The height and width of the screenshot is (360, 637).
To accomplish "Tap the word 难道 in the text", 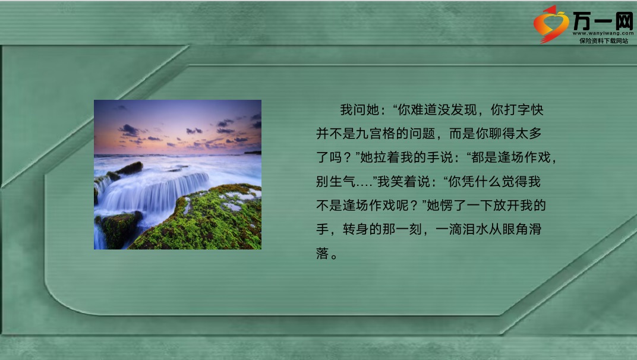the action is click(x=424, y=110).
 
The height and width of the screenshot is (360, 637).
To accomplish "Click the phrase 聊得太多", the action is click(x=515, y=134).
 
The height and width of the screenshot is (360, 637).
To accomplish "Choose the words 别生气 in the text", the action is click(x=336, y=182).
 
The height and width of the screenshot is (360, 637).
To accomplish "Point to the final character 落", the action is click(x=322, y=254).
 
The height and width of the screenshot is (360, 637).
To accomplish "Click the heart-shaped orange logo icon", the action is click(x=551, y=24).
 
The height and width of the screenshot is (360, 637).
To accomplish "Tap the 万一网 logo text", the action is click(x=603, y=21).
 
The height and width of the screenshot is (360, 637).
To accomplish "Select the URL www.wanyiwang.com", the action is click(x=603, y=33).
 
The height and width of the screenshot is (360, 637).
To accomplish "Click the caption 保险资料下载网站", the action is click(x=604, y=40).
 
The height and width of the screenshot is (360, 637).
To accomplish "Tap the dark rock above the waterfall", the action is click(x=130, y=168).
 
